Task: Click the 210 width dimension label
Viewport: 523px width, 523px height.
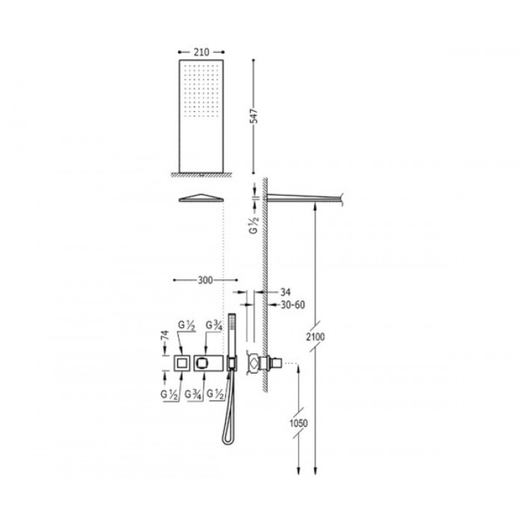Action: (201, 52)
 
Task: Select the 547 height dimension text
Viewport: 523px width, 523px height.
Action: (254, 116)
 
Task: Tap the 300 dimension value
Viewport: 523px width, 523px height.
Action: (205, 280)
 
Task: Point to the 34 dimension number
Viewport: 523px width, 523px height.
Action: (285, 293)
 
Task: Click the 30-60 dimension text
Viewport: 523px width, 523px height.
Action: (293, 305)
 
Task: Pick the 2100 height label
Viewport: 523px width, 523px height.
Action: (315, 337)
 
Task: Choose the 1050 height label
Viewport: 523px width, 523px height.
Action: (299, 424)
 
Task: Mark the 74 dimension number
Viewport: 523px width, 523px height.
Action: (165, 335)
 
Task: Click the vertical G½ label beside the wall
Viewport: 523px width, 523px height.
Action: (254, 225)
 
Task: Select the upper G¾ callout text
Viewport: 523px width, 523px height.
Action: (214, 325)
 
